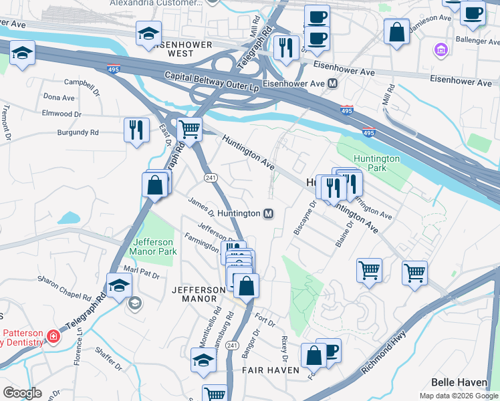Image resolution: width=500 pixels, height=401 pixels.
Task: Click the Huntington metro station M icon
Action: point(268,213)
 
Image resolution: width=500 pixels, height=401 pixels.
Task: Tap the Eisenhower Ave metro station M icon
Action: point(332,84)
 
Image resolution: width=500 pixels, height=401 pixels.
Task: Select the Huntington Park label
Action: point(377,163)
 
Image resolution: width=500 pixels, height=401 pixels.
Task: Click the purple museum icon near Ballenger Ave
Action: point(441,49)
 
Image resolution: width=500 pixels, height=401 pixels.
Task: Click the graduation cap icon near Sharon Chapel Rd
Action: point(118,283)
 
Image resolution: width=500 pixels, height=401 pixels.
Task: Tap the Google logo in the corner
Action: point(23,392)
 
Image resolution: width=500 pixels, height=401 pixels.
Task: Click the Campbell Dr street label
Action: point(82,83)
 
